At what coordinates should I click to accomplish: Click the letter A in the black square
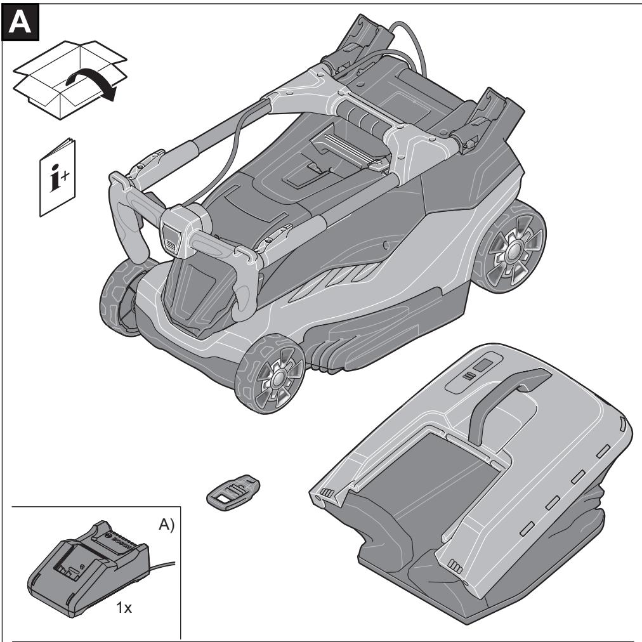(x=20, y=22)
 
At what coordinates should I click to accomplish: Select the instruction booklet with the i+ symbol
(x=57, y=177)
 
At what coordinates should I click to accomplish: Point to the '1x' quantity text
(x=124, y=608)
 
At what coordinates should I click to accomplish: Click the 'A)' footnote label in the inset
(x=166, y=525)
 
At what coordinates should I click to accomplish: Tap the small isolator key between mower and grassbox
(x=233, y=492)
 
